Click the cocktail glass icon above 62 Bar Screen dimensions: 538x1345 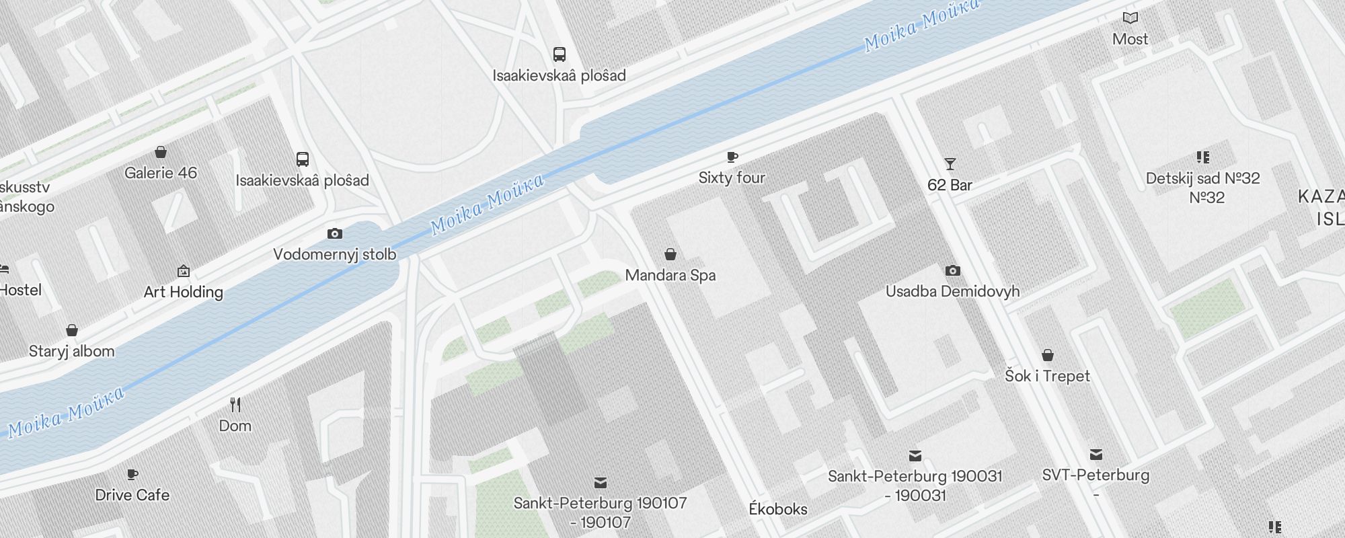click(x=950, y=164)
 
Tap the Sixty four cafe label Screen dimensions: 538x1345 click(x=732, y=178)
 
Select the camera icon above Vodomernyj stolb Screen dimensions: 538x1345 click(x=334, y=234)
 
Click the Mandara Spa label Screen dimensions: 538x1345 click(x=670, y=275)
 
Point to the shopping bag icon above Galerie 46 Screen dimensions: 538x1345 click(x=161, y=153)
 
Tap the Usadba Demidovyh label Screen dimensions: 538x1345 click(x=952, y=291)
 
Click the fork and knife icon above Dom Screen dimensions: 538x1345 click(x=235, y=405)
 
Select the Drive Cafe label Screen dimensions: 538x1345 click(x=132, y=495)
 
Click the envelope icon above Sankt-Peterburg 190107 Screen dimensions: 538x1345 click(x=601, y=483)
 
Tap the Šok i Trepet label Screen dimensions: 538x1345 click(x=1047, y=376)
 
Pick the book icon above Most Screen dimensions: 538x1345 click(x=1130, y=18)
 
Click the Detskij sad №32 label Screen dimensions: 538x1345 click(x=1202, y=179)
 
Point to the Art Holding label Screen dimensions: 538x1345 click(x=183, y=292)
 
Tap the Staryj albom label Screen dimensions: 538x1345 click(x=71, y=351)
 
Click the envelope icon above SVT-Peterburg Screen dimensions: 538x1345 click(x=1096, y=455)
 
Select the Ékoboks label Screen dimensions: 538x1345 click(x=777, y=509)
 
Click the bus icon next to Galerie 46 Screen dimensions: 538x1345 click(x=303, y=159)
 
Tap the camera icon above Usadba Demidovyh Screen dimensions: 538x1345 click(x=952, y=271)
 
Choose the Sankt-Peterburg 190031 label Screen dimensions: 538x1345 click(x=915, y=477)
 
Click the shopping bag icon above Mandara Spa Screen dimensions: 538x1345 click(x=670, y=254)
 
